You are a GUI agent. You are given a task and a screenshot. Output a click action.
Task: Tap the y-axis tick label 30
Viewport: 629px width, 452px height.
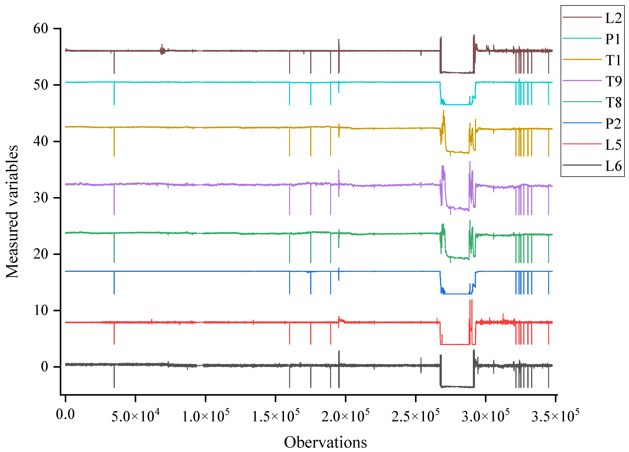click(41, 198)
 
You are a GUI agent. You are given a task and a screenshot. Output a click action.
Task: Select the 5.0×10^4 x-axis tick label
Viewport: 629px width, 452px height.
click(135, 416)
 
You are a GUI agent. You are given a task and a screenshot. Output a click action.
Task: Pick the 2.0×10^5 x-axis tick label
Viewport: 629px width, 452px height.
click(345, 416)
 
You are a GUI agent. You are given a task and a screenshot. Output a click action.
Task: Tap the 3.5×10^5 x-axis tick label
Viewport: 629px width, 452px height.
click(555, 416)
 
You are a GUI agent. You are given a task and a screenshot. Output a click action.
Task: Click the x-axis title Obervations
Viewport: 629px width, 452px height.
click(325, 442)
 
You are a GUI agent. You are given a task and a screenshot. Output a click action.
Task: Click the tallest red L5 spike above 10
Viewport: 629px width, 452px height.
click(472, 301)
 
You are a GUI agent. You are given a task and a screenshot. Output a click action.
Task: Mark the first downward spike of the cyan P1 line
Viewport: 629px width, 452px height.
click(114, 94)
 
